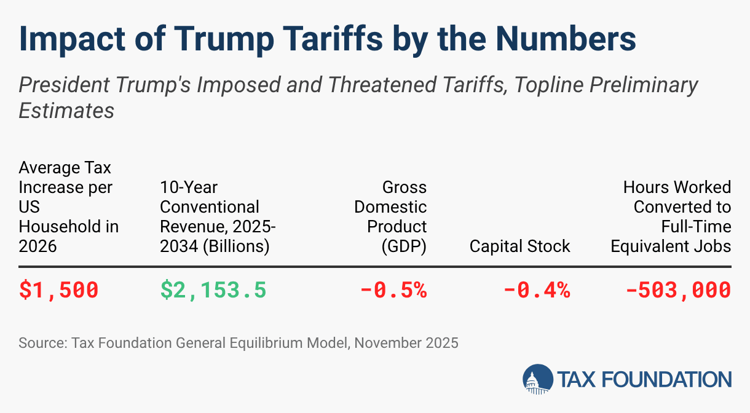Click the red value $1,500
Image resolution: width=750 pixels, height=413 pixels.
(58, 290)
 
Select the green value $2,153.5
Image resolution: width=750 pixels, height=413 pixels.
(213, 290)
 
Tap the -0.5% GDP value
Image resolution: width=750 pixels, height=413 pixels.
(393, 290)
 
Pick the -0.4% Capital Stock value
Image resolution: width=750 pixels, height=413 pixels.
(537, 290)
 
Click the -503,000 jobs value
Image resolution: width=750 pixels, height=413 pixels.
(678, 290)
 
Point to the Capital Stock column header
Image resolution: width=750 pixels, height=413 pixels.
(519, 246)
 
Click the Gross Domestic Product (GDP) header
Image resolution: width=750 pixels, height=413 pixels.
(391, 216)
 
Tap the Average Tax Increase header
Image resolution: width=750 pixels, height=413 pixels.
(68, 206)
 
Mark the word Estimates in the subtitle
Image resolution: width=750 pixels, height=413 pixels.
(66, 111)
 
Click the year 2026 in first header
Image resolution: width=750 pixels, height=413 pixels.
(37, 246)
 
